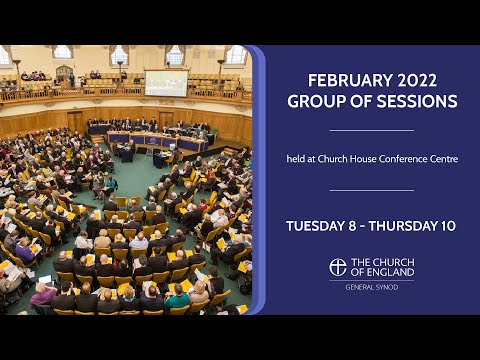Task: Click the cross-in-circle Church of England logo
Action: pos(339,267)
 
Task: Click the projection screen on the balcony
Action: pos(166,82)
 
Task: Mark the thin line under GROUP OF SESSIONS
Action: pos(371,130)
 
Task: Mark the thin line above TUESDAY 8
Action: pos(371,190)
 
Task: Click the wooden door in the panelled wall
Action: pos(76,123)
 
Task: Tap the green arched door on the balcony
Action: pos(63,73)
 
